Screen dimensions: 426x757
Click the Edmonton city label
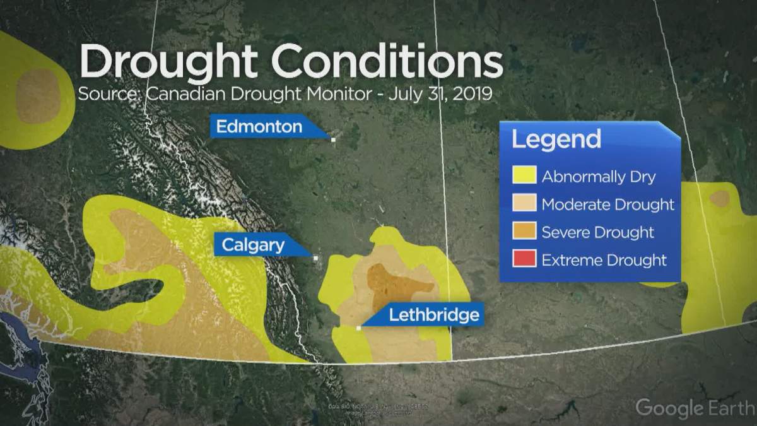(259, 127)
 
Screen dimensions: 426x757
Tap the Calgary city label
(252, 245)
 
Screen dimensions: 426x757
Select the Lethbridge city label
(434, 314)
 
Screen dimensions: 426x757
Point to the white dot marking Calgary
(315, 257)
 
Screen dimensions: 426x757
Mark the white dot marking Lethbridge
(358, 328)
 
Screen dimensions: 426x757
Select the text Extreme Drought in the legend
(604, 260)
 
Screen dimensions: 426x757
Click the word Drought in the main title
(167, 61)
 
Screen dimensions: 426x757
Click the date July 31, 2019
(440, 95)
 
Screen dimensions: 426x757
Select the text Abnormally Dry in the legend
(599, 177)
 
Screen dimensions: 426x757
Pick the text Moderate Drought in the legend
(607, 204)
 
